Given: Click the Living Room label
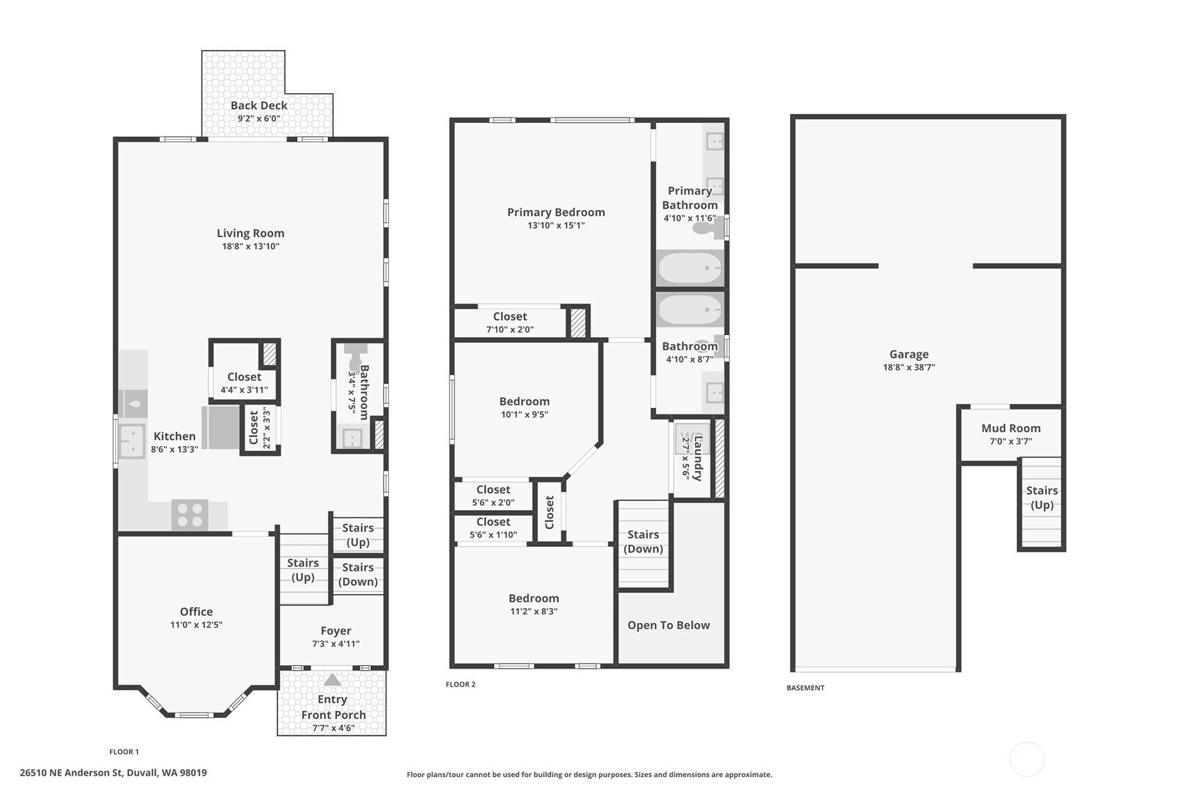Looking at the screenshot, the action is pyautogui.click(x=251, y=234).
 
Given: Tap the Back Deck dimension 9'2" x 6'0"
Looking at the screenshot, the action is pyautogui.click(x=258, y=118).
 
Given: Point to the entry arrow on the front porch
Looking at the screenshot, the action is pyautogui.click(x=332, y=680).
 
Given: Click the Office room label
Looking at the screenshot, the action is pyautogui.click(x=197, y=612).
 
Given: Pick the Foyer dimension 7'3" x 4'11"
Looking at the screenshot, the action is pyautogui.click(x=336, y=644).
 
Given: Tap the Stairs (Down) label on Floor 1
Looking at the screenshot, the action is pyautogui.click(x=358, y=574).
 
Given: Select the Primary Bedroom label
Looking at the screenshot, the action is pyautogui.click(x=556, y=212).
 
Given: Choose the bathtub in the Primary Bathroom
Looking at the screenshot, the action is pyautogui.click(x=689, y=268).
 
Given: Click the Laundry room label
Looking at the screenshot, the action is pyautogui.click(x=698, y=458).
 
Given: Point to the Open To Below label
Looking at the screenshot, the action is pyautogui.click(x=668, y=625).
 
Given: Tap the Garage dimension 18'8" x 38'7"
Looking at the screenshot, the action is pyautogui.click(x=909, y=368).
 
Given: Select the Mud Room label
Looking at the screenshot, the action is pyautogui.click(x=1011, y=429).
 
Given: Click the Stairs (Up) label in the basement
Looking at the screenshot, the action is pyautogui.click(x=1041, y=498).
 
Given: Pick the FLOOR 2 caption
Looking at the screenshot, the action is pyautogui.click(x=461, y=685).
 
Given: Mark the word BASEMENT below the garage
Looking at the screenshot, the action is pyautogui.click(x=805, y=687).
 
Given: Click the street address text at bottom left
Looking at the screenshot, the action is pyautogui.click(x=113, y=773).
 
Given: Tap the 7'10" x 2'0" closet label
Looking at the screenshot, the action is pyautogui.click(x=509, y=329).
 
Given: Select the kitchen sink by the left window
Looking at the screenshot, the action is pyautogui.click(x=131, y=441).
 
